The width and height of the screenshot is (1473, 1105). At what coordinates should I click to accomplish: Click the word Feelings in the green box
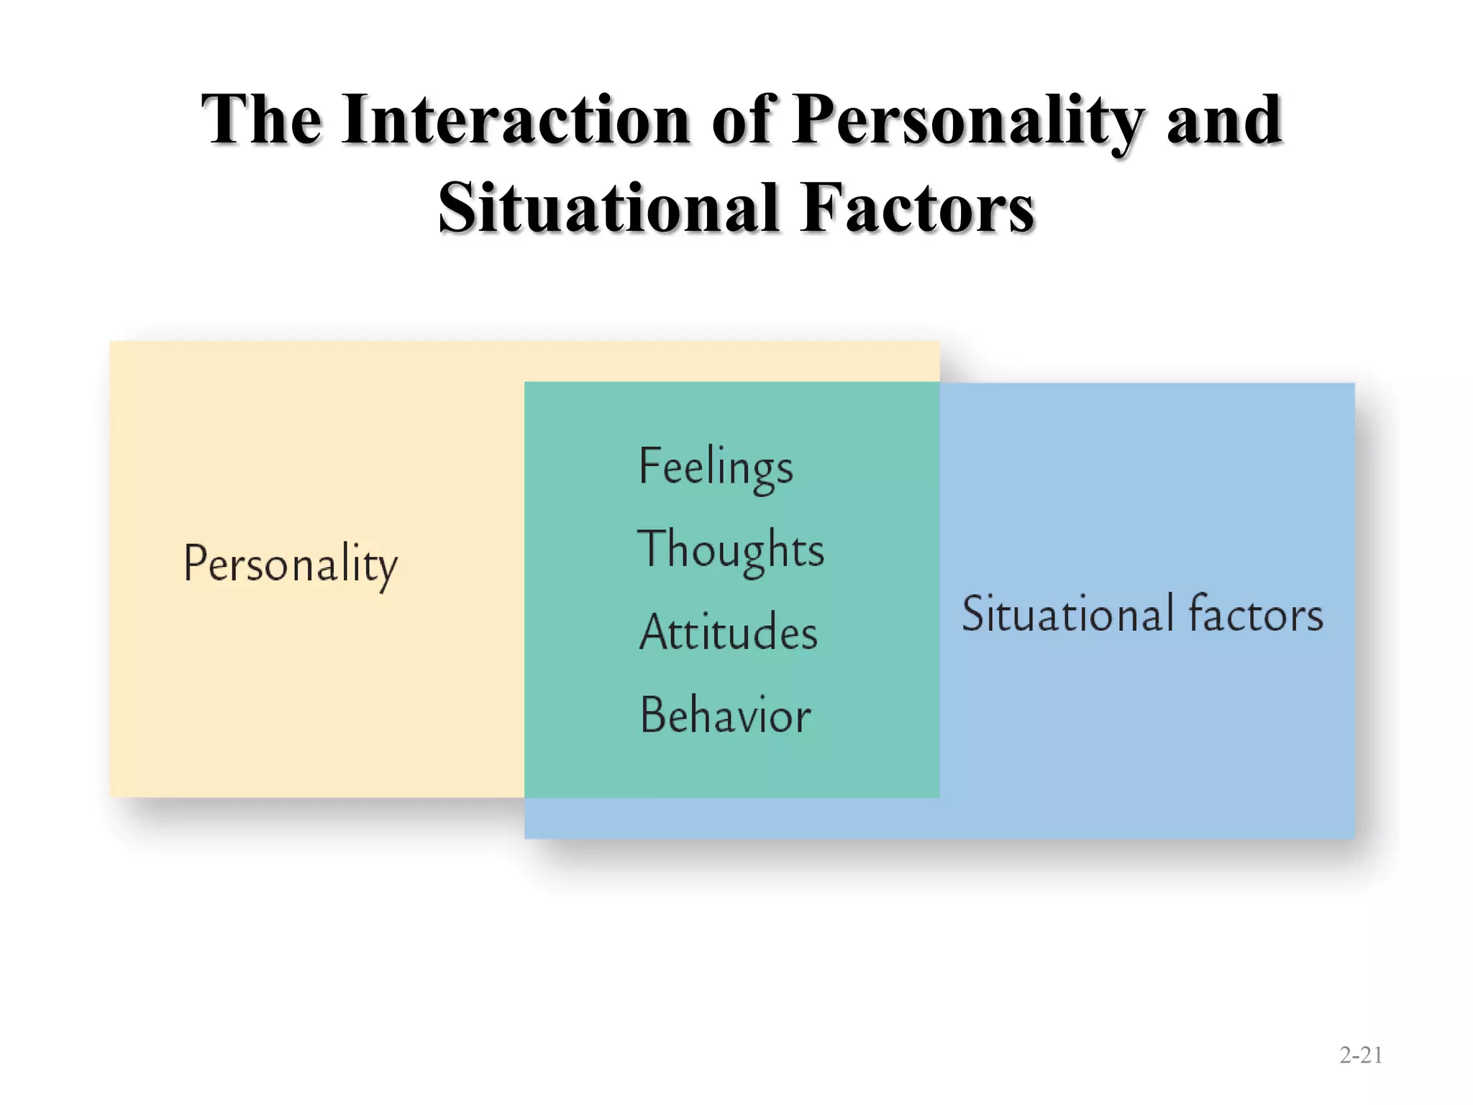point(716,468)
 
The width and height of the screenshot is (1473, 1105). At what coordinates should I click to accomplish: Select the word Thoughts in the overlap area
point(731,550)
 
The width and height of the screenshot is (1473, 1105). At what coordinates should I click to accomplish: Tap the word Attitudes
point(729,632)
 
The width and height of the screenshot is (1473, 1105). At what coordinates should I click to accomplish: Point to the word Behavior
point(726,715)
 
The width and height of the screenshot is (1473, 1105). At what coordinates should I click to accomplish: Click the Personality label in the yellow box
point(291,565)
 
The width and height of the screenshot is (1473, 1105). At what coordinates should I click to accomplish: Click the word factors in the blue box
point(1256,614)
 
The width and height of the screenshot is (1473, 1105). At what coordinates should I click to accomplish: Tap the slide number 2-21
point(1361,1055)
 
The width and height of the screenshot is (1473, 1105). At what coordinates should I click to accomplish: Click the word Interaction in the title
point(517,120)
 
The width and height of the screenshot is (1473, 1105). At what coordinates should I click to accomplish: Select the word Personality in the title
point(968,120)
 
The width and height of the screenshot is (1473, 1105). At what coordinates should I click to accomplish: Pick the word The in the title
point(261,120)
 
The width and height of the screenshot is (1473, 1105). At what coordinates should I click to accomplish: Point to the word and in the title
point(1224,120)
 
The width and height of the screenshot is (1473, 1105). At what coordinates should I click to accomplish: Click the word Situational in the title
point(609,209)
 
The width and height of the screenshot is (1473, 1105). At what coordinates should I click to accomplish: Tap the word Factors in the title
point(918,209)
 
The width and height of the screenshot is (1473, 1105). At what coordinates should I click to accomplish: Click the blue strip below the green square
point(731,818)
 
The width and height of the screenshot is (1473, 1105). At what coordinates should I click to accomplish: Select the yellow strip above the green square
point(731,361)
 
